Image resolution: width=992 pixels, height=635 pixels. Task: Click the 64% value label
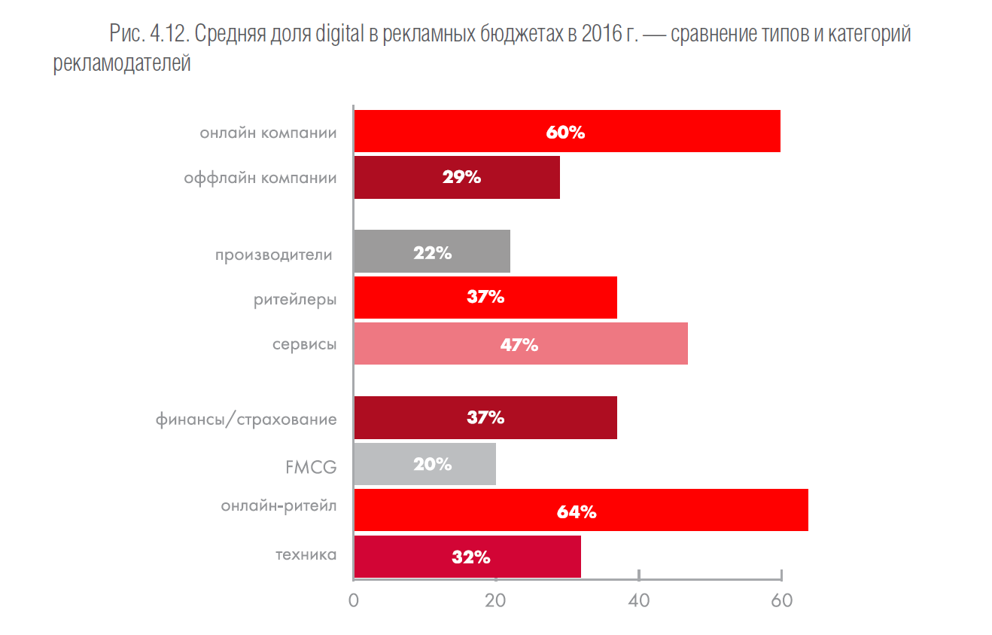tap(577, 512)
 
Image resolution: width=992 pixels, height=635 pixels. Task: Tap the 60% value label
tap(565, 133)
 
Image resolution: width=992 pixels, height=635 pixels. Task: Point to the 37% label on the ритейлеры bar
tap(485, 297)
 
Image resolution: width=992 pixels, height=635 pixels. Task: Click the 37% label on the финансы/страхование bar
tap(485, 417)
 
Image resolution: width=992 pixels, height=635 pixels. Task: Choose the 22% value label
tap(432, 253)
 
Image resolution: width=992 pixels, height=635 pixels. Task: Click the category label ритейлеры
tap(295, 299)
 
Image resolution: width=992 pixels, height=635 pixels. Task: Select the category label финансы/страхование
tap(246, 419)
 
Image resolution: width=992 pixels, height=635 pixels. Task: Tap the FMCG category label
tap(310, 467)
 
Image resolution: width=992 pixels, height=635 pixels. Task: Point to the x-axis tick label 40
tap(638, 601)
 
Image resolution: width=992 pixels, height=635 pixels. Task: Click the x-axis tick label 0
tap(353, 601)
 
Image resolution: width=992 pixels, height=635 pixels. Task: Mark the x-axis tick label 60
tap(781, 601)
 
